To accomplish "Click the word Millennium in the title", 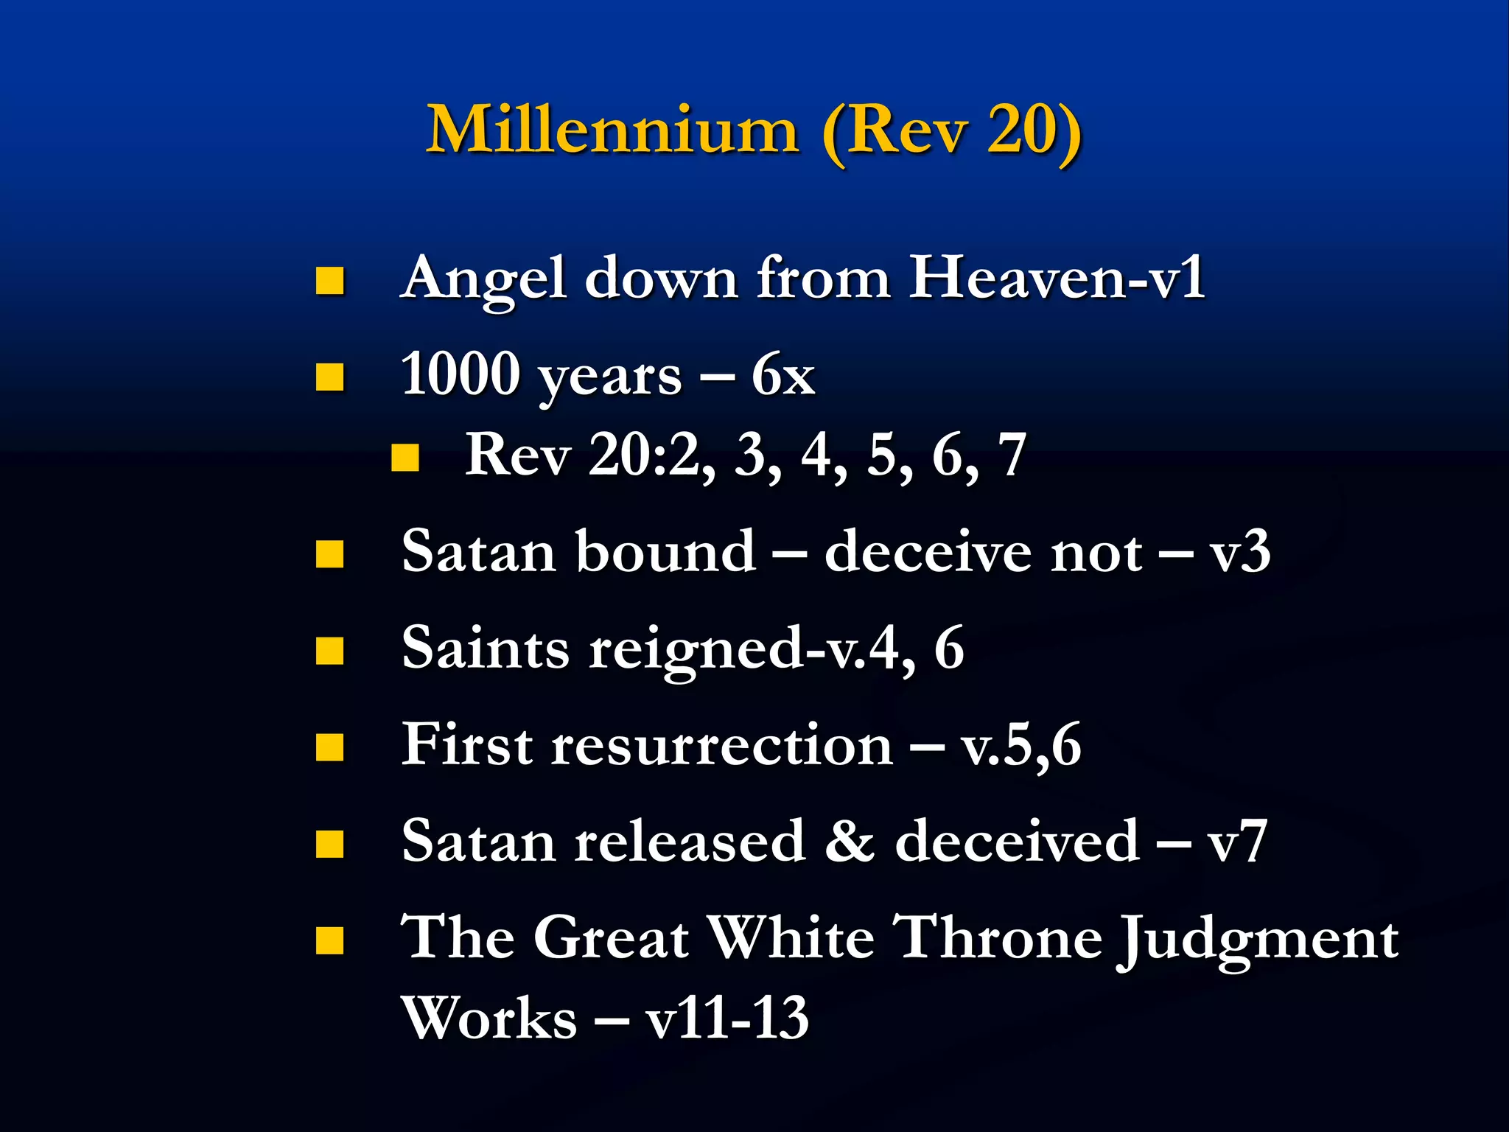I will click(612, 130).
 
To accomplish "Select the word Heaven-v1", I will click(1057, 279).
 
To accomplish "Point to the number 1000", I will click(460, 374).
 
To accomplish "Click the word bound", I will click(665, 551).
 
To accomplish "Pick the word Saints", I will click(485, 648).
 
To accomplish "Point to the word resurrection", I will click(722, 745).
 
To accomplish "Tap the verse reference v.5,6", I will click(1020, 746).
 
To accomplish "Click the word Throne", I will click(998, 938).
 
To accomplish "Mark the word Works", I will click(489, 1019).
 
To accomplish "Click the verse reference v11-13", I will click(727, 1019).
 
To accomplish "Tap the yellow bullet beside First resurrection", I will click(329, 747).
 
